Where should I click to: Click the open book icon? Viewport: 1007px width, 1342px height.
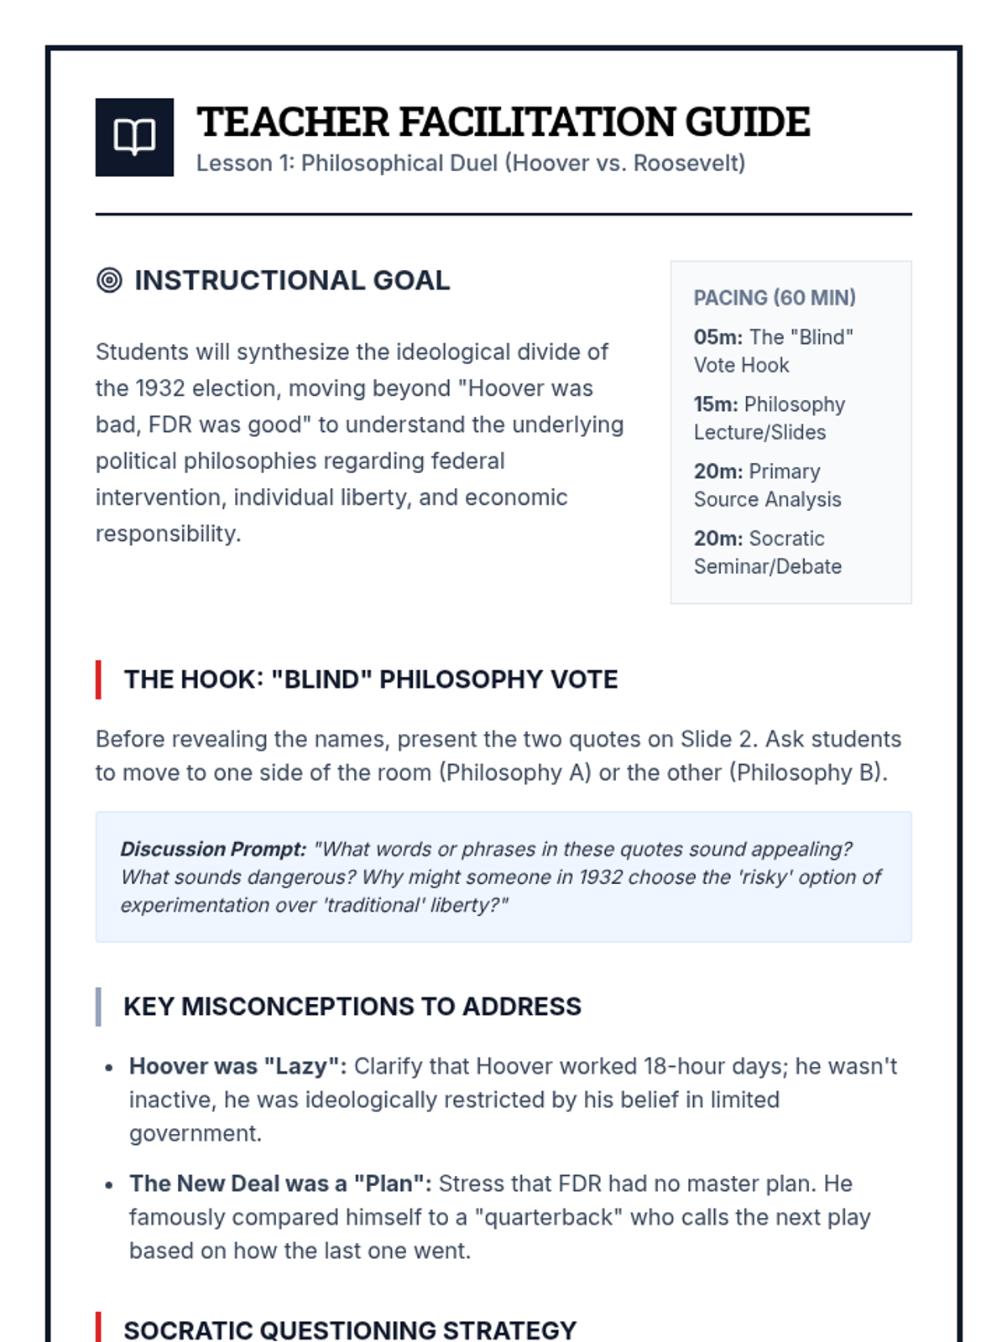click(x=134, y=137)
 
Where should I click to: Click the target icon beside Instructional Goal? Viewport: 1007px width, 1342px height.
click(x=109, y=280)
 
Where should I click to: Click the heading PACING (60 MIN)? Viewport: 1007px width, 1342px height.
click(x=774, y=298)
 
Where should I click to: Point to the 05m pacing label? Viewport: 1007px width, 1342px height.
click(x=717, y=337)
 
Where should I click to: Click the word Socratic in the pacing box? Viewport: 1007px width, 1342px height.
click(x=786, y=538)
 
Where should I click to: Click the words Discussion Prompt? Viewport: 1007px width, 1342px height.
click(x=213, y=849)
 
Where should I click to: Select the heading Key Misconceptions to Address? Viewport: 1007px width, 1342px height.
click(x=352, y=1006)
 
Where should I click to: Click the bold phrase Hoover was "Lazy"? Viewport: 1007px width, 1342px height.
click(x=237, y=1066)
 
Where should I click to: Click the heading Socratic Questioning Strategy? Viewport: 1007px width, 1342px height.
click(x=350, y=1329)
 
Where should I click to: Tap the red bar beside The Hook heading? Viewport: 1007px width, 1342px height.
click(x=98, y=679)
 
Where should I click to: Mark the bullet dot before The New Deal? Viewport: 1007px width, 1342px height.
click(x=109, y=1185)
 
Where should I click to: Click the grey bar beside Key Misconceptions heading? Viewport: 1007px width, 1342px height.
click(x=98, y=1006)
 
